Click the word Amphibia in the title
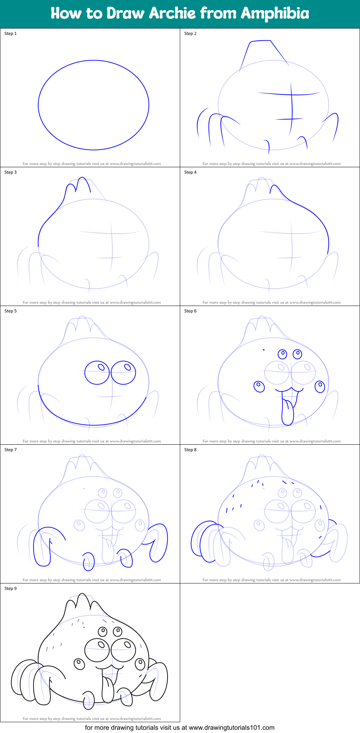pyautogui.click(x=275, y=13)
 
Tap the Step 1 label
pyautogui.click(x=10, y=34)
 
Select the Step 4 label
pyautogui.click(x=190, y=172)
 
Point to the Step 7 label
pyautogui.click(x=10, y=450)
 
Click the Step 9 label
pyautogui.click(x=10, y=588)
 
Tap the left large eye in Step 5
pyautogui.click(x=97, y=373)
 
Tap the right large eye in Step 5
pyautogui.click(x=123, y=372)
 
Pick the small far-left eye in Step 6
pyautogui.click(x=259, y=386)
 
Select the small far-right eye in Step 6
pyautogui.click(x=320, y=387)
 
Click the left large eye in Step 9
pyautogui.click(x=97, y=650)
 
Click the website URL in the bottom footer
pyautogui.click(x=231, y=728)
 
